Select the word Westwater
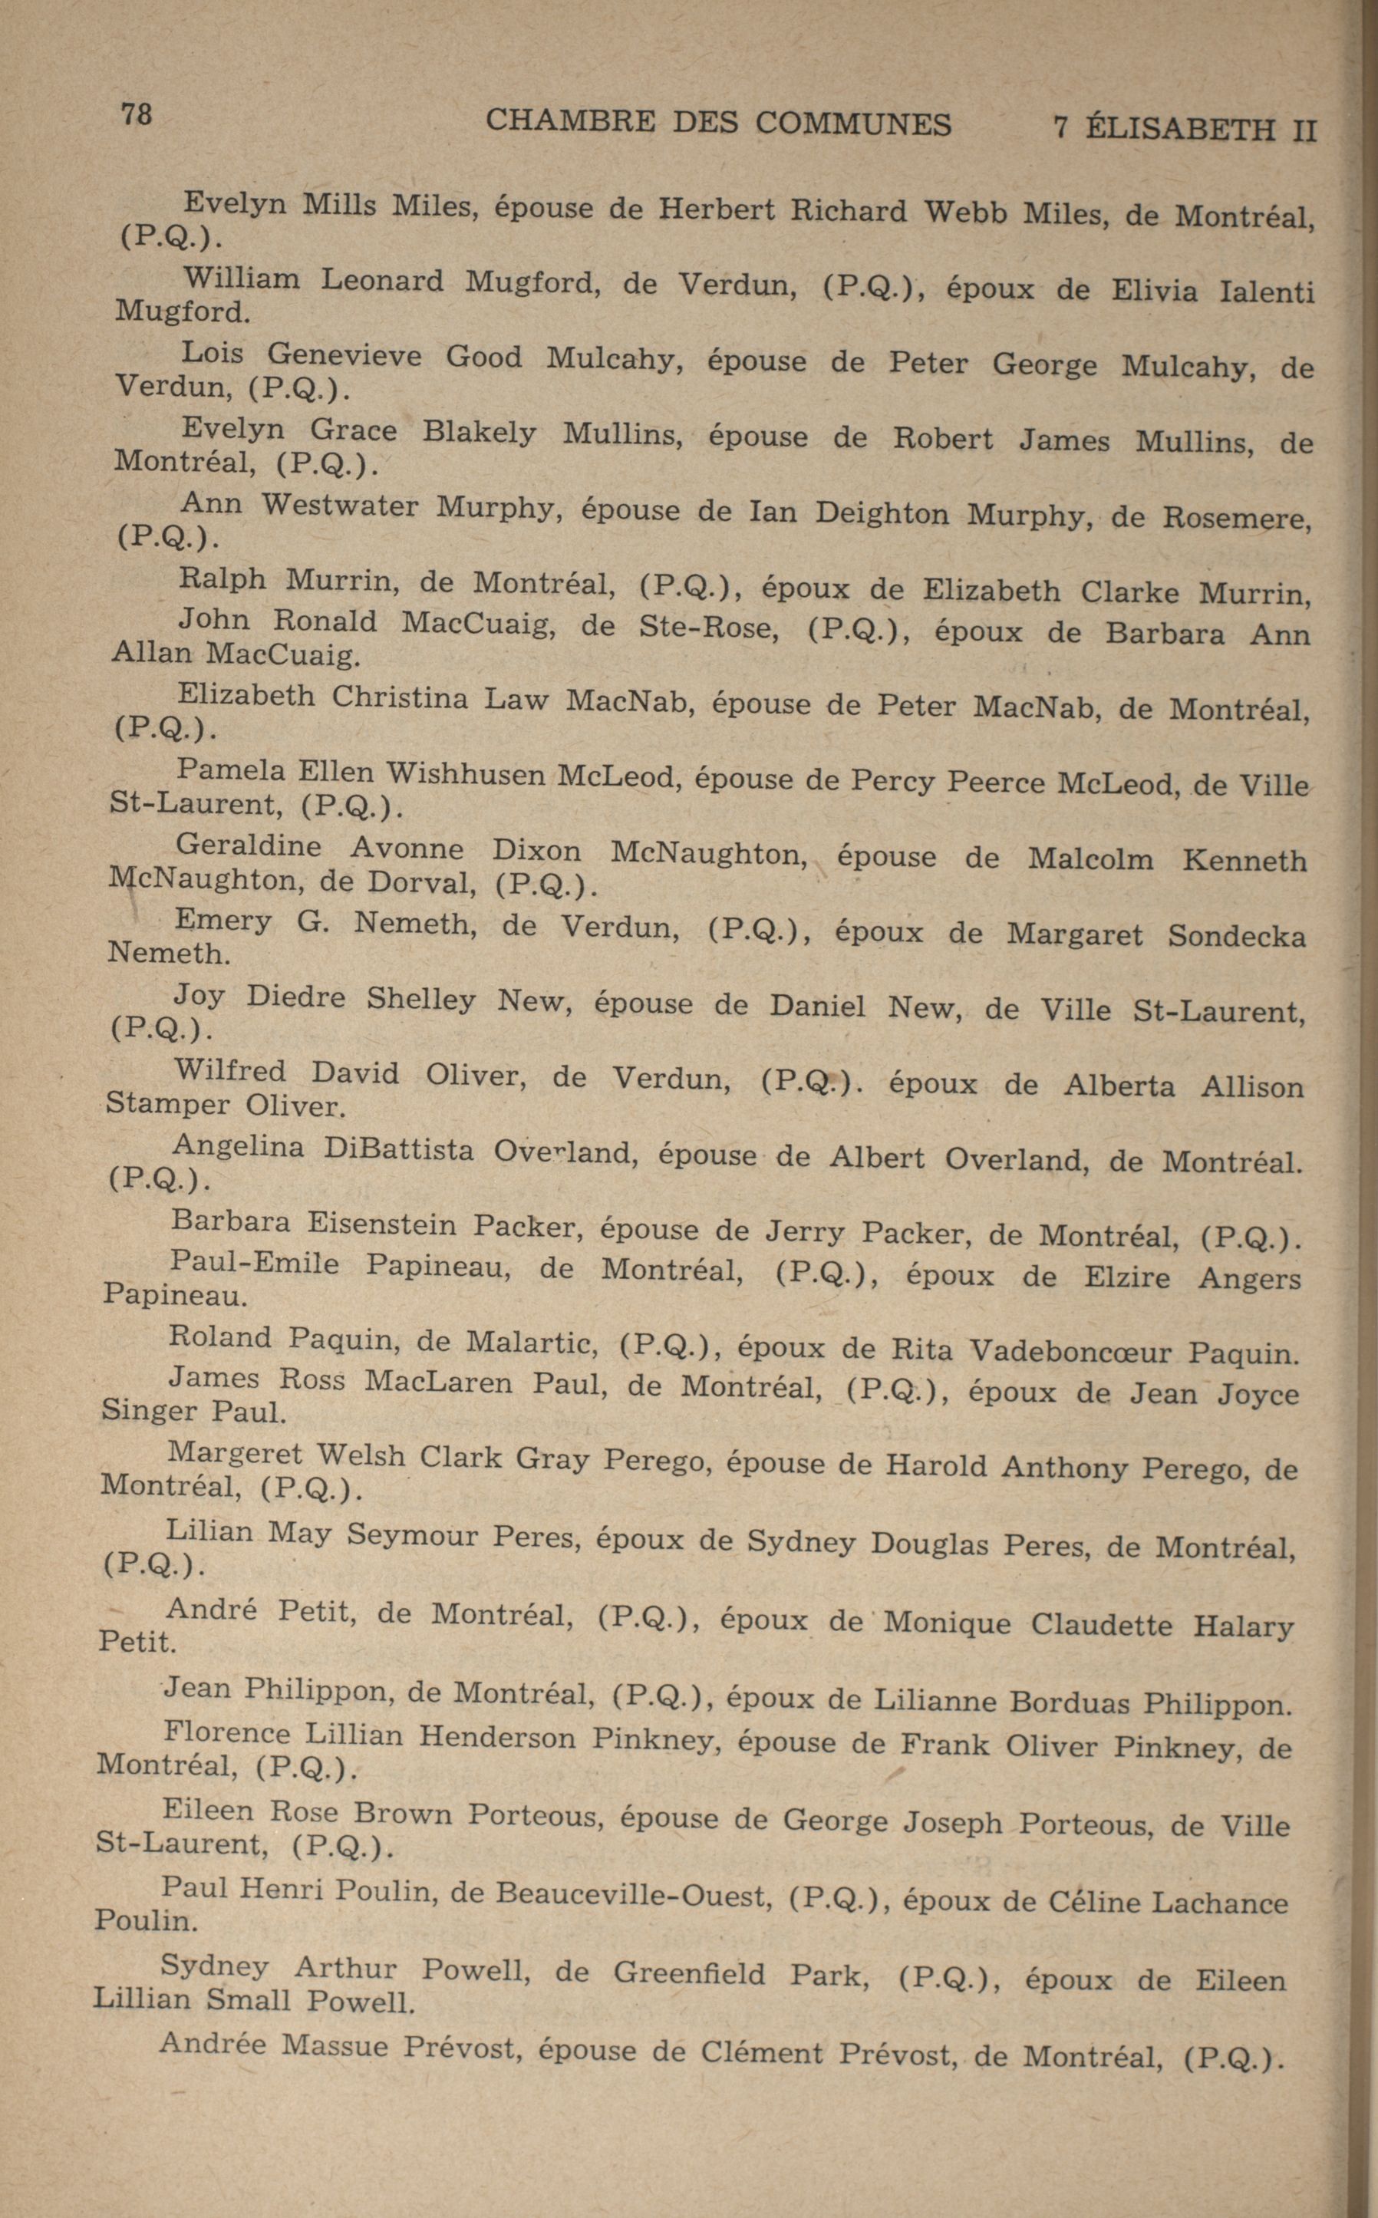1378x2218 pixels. (340, 505)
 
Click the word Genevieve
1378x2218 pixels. (344, 354)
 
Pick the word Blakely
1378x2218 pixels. (479, 432)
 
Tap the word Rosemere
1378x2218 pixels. (1237, 519)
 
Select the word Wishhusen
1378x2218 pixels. (466, 775)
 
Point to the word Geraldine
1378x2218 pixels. (248, 845)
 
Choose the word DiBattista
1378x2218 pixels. (398, 1149)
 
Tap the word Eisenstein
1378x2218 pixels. (381, 1224)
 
